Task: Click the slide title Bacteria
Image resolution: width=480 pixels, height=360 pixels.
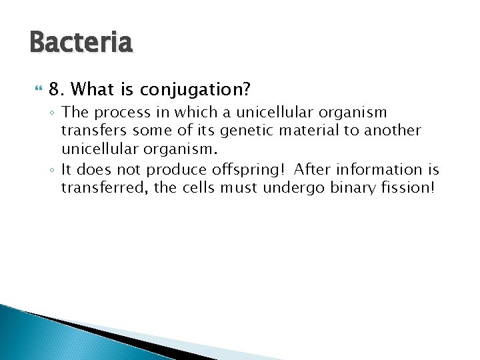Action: [81, 43]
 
